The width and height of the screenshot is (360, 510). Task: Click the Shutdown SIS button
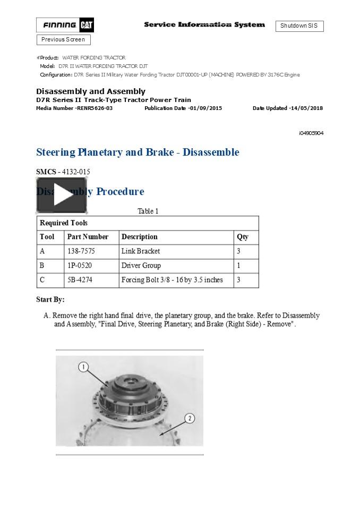tap(299, 26)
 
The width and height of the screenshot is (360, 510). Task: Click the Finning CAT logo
tap(65, 25)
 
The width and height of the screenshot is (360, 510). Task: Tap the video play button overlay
tap(62, 195)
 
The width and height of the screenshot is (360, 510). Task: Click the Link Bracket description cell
tap(141, 251)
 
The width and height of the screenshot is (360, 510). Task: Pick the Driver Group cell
tap(141, 266)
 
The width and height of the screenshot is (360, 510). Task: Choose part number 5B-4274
tap(80, 280)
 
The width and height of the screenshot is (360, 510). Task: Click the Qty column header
tap(243, 237)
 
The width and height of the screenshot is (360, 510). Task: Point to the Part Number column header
tap(88, 237)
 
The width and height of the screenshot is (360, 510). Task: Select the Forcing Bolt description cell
tap(172, 280)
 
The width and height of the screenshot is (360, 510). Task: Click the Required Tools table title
tap(64, 223)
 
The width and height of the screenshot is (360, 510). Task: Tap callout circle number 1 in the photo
tap(83, 367)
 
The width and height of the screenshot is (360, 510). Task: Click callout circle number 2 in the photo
tap(190, 419)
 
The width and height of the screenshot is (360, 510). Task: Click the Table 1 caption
tap(148, 211)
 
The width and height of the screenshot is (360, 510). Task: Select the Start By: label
tap(50, 300)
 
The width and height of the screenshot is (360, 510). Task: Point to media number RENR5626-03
tap(74, 108)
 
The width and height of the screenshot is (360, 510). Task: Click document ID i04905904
tap(311, 133)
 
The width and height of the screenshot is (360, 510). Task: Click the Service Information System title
tap(204, 25)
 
